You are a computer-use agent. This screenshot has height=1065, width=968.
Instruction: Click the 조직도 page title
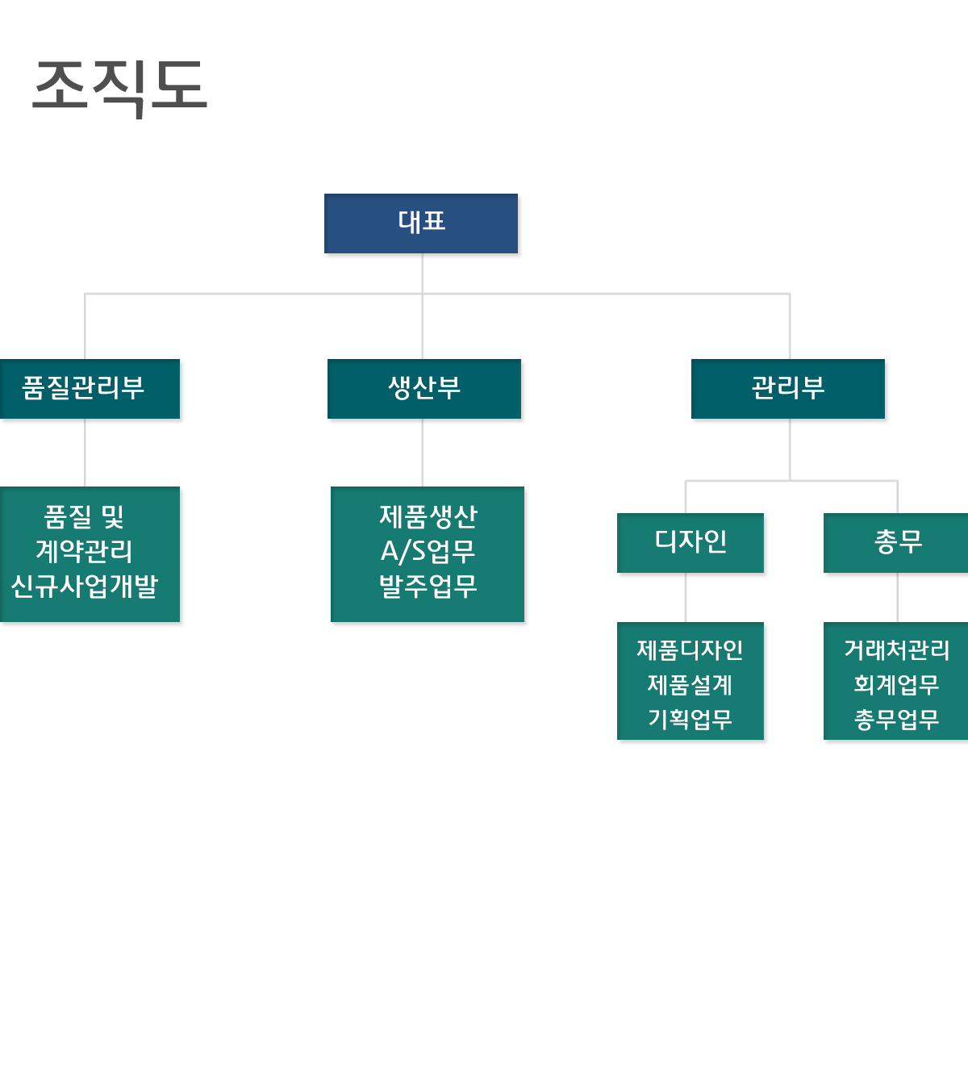coord(120,86)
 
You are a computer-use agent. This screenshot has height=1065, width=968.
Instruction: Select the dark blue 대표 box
coord(421,223)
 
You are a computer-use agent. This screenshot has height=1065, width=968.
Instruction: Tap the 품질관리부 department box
coord(84,389)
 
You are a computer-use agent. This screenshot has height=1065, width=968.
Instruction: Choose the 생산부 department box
coord(424,389)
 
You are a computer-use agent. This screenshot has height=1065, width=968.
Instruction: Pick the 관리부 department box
coord(788,389)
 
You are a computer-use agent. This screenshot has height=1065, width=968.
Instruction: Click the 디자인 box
coord(691,542)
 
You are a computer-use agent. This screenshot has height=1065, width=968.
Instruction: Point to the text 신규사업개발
coord(85,587)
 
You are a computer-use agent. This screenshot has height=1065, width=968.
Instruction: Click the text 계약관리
coord(85,552)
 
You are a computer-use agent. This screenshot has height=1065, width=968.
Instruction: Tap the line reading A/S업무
coord(428,552)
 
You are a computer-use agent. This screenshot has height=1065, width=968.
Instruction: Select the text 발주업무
coord(428,587)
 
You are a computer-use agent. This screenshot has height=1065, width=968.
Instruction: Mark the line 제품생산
coord(428,516)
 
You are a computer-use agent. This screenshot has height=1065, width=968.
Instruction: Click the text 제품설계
coord(690,685)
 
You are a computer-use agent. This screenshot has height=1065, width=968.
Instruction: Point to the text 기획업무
coord(690,719)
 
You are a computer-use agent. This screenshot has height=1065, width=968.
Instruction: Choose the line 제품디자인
coord(690,650)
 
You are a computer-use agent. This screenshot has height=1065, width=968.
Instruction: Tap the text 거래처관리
coord(897,650)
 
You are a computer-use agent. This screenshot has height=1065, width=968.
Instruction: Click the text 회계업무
coord(897,685)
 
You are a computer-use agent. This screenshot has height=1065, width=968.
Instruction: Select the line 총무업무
coord(897,719)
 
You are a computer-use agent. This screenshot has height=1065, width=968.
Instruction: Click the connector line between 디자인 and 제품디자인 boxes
coord(686,597)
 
